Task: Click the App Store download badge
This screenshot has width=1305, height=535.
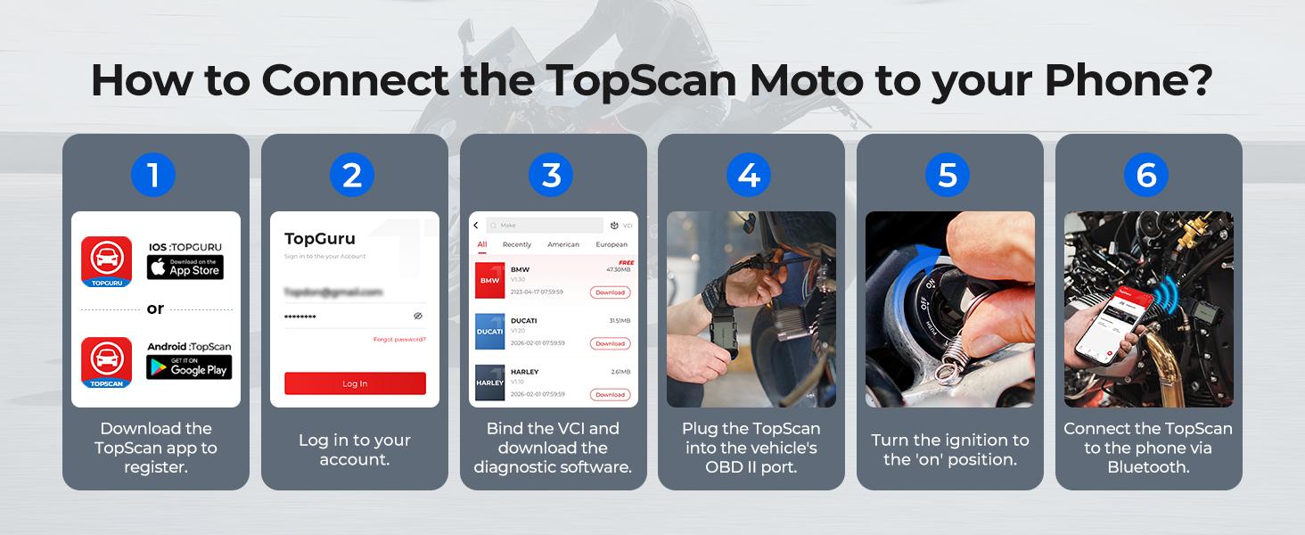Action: pos(185,267)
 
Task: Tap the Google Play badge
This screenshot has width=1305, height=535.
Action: pos(189,366)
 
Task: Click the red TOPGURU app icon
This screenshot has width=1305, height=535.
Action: pos(107,261)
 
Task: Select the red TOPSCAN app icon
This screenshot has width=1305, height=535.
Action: pos(107,362)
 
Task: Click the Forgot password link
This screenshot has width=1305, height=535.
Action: pos(398,340)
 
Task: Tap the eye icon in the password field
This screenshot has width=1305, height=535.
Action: pos(418,316)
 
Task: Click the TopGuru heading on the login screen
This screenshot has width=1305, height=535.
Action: pos(320,239)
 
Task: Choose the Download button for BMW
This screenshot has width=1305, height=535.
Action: pos(610,292)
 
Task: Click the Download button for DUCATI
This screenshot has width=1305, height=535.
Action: pos(610,343)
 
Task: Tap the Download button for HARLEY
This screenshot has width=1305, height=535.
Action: pos(610,394)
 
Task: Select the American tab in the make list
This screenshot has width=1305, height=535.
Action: pos(563,244)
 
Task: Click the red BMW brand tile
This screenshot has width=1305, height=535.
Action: pos(490,280)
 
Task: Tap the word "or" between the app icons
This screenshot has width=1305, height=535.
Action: pos(155,309)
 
